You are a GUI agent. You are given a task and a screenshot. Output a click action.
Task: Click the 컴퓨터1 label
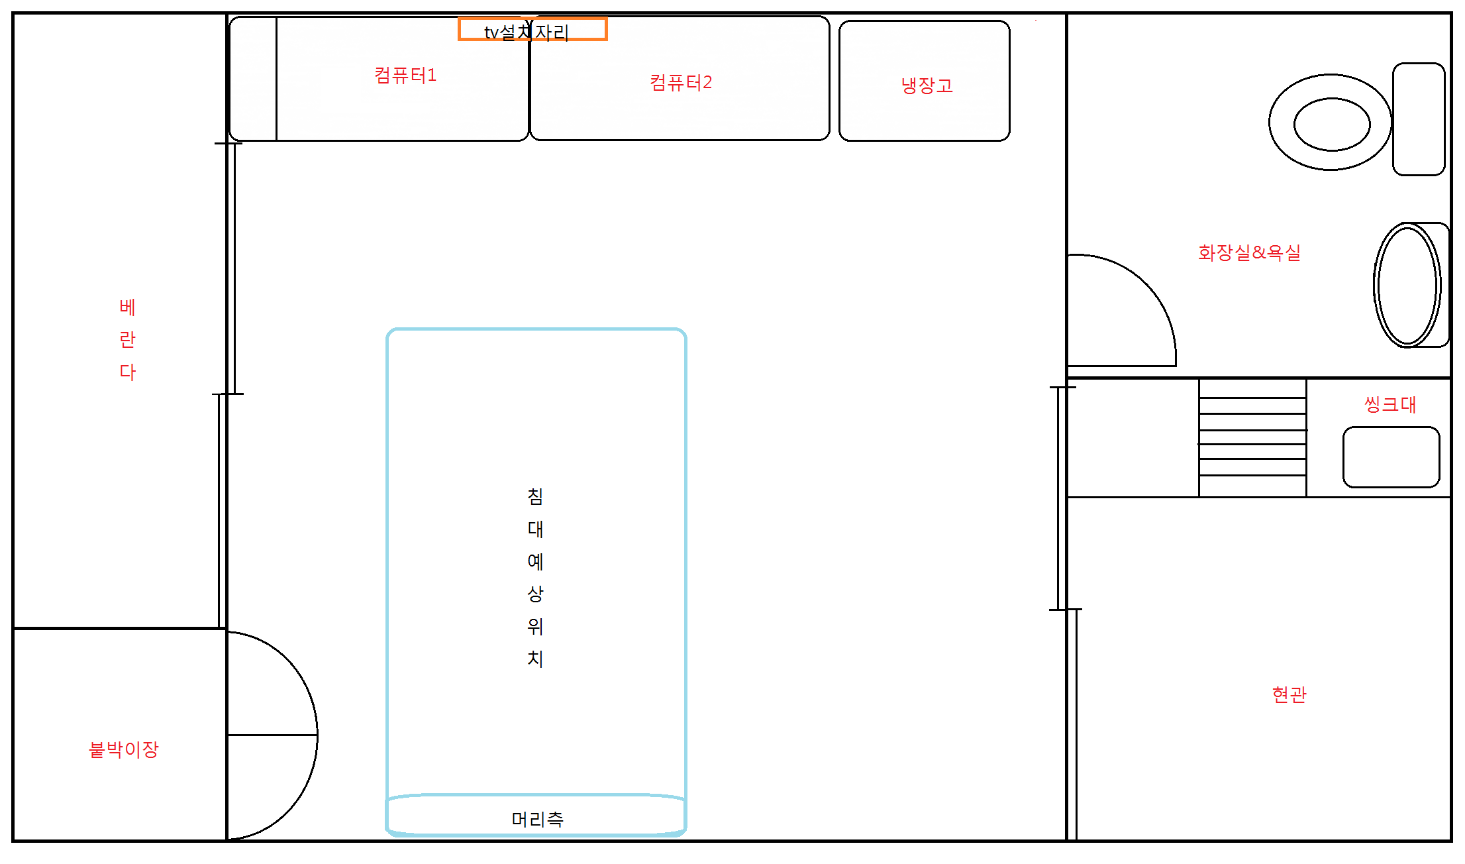point(405,75)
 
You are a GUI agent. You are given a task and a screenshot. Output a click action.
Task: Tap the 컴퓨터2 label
point(681,82)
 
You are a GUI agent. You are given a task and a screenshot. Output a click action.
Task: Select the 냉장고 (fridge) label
point(927,85)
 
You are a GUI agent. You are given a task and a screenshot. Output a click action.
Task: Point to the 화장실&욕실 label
point(1249,252)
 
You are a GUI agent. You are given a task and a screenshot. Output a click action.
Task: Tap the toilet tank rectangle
point(1419,119)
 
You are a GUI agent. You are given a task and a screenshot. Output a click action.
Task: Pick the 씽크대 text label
point(1390,404)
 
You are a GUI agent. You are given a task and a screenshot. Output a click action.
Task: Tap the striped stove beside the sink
point(1252,437)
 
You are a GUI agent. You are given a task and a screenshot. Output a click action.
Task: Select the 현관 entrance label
point(1289,694)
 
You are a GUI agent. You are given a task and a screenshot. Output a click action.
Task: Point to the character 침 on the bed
point(535,496)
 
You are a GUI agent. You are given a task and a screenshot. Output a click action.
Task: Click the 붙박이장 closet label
point(124,749)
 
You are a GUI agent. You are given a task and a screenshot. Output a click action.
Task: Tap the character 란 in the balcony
point(127,340)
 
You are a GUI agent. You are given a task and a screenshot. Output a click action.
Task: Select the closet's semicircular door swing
point(317,735)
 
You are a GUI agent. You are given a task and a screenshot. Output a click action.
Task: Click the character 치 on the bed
point(535,659)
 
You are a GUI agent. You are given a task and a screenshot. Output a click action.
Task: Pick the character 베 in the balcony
point(127,307)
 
